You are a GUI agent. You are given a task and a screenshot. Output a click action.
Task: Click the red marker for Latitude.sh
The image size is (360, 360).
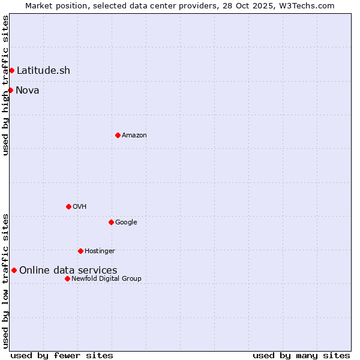pyautogui.click(x=11, y=71)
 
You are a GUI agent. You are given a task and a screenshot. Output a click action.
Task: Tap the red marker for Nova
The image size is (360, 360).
pyautogui.click(x=10, y=91)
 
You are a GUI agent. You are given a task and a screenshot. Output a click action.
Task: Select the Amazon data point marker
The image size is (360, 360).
pyautogui.click(x=118, y=136)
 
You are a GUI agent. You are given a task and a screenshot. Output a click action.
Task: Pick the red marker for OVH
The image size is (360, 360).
pyautogui.click(x=68, y=207)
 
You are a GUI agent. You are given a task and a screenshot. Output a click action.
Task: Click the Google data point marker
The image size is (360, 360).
pyautogui.click(x=111, y=223)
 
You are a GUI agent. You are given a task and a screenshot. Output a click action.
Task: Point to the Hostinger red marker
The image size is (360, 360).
pyautogui.click(x=80, y=251)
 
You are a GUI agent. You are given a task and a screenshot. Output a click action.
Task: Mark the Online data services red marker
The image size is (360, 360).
pyautogui.click(x=14, y=271)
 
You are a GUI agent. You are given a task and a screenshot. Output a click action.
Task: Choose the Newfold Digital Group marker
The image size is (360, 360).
pyautogui.click(x=67, y=279)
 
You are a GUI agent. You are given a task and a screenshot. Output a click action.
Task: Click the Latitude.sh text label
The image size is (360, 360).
pyautogui.click(x=43, y=71)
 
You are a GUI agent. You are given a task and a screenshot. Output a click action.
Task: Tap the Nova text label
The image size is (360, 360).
pyautogui.click(x=28, y=91)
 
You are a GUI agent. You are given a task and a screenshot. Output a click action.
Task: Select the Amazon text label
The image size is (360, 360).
pyautogui.click(x=134, y=136)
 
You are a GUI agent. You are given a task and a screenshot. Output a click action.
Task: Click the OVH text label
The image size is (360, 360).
pyautogui.click(x=80, y=207)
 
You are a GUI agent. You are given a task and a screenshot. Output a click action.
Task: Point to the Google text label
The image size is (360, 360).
pyautogui.click(x=126, y=223)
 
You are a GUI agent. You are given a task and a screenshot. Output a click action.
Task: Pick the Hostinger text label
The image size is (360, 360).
pyautogui.click(x=100, y=251)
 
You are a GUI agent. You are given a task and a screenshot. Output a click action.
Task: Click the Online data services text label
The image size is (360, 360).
pyautogui.click(x=68, y=271)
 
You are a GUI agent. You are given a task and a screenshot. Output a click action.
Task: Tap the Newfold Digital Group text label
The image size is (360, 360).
pyautogui.click(x=106, y=279)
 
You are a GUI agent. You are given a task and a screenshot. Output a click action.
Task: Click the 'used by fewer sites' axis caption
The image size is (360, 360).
pyautogui.click(x=62, y=356)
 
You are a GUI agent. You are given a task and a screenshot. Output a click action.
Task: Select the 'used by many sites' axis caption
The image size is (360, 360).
pyautogui.click(x=301, y=356)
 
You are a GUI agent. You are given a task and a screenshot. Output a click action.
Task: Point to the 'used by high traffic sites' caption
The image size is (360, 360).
pyautogui.click(x=5, y=85)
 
